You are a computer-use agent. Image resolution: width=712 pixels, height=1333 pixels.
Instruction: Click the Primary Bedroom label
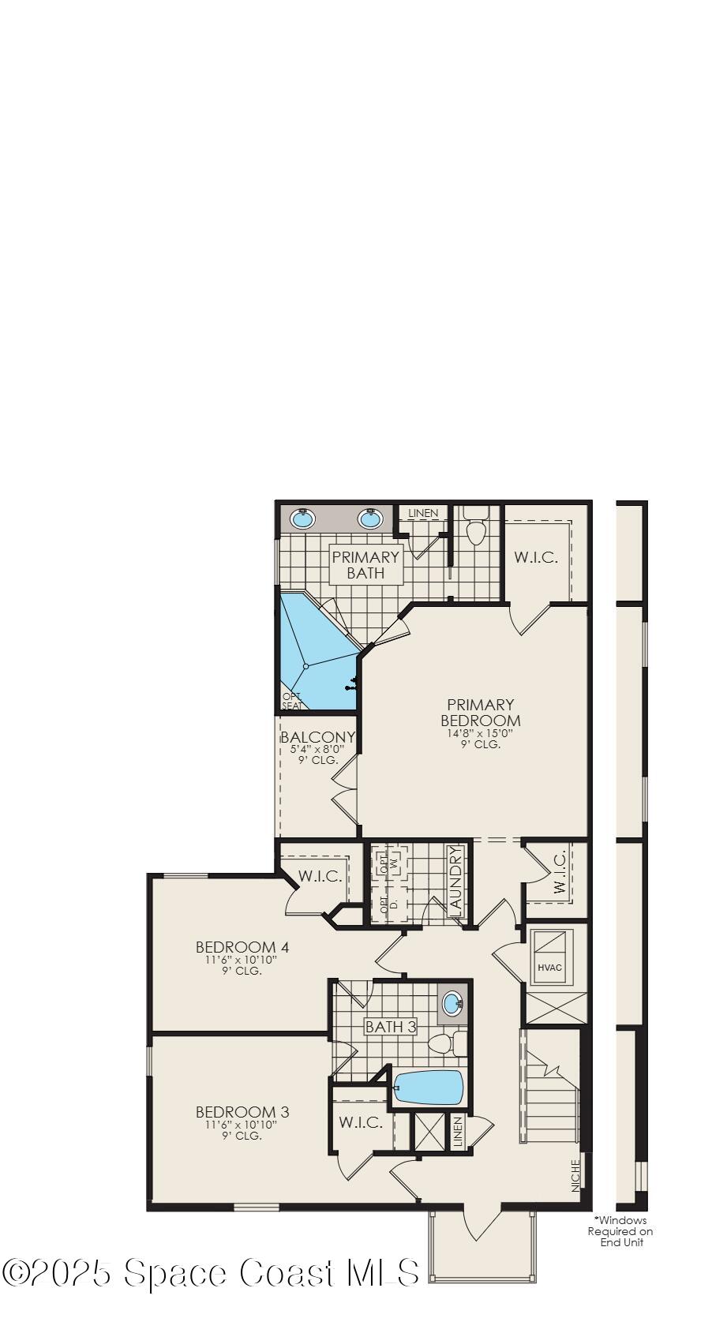point(480,712)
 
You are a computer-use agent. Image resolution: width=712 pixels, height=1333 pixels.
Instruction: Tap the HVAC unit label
point(549,967)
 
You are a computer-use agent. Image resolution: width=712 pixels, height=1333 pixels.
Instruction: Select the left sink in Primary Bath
point(303,519)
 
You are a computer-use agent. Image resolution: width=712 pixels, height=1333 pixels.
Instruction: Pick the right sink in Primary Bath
point(370,519)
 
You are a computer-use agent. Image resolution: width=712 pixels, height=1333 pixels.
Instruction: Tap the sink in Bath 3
point(452,1004)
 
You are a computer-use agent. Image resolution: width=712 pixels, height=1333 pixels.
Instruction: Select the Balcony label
point(317,737)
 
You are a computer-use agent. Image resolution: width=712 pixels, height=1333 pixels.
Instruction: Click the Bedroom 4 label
point(242,946)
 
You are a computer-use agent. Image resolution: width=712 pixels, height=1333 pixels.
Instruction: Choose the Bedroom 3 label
point(242,1112)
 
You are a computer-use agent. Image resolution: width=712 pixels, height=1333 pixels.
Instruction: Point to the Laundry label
point(454,881)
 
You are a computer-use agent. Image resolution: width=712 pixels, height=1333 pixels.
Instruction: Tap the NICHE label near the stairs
point(575,1174)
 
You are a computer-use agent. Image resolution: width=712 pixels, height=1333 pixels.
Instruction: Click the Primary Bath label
point(365,564)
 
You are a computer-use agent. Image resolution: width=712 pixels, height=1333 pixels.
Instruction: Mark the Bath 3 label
point(390,1027)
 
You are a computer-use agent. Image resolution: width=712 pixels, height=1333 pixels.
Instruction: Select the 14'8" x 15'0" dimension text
point(480,732)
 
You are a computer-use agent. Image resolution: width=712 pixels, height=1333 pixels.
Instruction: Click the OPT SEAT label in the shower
point(291,701)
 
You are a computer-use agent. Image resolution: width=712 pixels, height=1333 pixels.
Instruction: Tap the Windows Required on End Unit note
point(620,1231)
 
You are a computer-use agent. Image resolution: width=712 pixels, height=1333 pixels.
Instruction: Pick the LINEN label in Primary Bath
point(423,513)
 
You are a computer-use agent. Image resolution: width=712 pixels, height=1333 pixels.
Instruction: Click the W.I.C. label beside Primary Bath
point(536,557)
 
